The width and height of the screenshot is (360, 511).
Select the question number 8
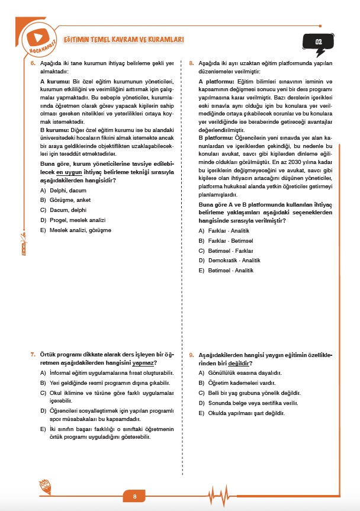(191, 63)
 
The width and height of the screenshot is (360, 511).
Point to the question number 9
(191, 354)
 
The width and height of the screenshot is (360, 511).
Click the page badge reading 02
(319, 42)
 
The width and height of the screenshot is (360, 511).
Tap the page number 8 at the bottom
(135, 496)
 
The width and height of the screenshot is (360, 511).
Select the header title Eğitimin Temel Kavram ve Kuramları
(123, 39)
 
